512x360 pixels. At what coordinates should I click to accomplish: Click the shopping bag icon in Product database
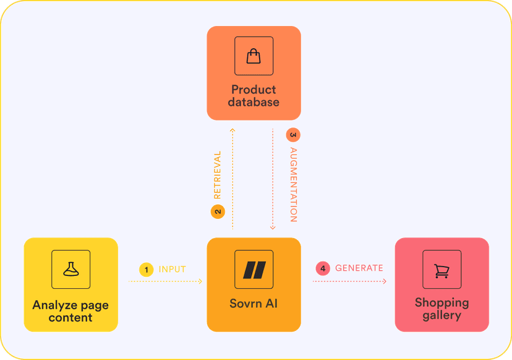pyautogui.click(x=254, y=56)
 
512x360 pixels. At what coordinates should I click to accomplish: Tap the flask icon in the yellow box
pyautogui.click(x=70, y=269)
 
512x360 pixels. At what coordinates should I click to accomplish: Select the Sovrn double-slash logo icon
pyautogui.click(x=254, y=270)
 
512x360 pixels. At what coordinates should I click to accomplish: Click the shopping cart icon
pyautogui.click(x=442, y=270)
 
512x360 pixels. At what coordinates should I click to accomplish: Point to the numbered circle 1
pyautogui.click(x=146, y=269)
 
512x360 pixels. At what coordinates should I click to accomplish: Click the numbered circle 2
pyautogui.click(x=217, y=212)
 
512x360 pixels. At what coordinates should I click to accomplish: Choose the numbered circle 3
pyautogui.click(x=293, y=134)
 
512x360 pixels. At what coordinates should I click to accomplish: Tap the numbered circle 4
pyautogui.click(x=323, y=268)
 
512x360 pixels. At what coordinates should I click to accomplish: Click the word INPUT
pyautogui.click(x=173, y=269)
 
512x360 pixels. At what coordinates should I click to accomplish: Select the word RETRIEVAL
pyautogui.click(x=217, y=175)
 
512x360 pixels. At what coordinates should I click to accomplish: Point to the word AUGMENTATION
pyautogui.click(x=293, y=184)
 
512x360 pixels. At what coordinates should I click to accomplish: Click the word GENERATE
pyautogui.click(x=359, y=268)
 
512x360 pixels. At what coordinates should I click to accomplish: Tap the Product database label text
pyautogui.click(x=254, y=96)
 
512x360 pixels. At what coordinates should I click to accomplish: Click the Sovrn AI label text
pyautogui.click(x=254, y=304)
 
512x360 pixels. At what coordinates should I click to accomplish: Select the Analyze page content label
pyautogui.click(x=70, y=311)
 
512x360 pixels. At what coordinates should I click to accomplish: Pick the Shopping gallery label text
pyautogui.click(x=442, y=309)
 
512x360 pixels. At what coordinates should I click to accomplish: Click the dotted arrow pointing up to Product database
pyautogui.click(x=233, y=179)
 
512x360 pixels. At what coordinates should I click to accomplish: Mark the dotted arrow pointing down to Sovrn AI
pyautogui.click(x=273, y=179)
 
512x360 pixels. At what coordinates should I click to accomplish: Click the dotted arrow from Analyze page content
pyautogui.click(x=166, y=281)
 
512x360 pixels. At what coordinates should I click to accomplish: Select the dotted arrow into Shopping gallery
pyautogui.click(x=349, y=281)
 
